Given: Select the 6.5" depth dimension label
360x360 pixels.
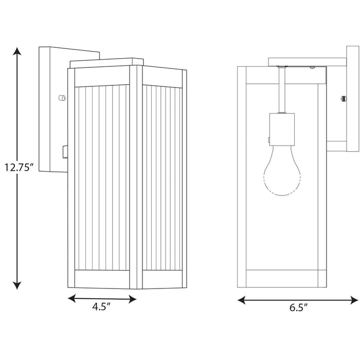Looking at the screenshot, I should point(298,309).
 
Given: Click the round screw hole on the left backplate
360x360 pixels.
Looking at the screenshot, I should point(62,97).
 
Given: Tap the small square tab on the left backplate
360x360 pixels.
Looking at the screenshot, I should point(64,151).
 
